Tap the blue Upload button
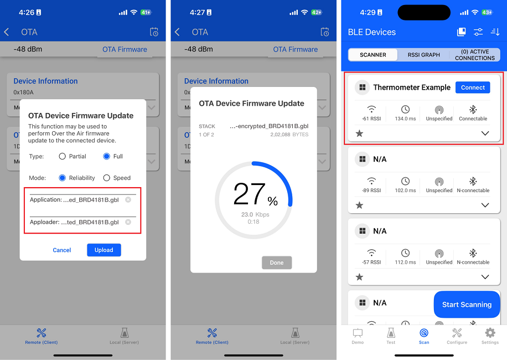[104, 250]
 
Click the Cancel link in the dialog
[62, 250]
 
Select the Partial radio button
[63, 156]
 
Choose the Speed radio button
[107, 178]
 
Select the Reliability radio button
[63, 178]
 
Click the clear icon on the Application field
[128, 199]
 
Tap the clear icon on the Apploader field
[128, 222]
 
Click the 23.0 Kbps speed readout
[255, 214]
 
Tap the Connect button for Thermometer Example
[473, 88]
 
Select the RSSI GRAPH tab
[423, 55]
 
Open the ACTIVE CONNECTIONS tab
[475, 55]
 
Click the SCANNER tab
[373, 55]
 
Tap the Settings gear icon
[490, 336]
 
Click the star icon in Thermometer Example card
[359, 133]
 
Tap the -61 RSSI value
[371, 119]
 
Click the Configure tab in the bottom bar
[457, 336]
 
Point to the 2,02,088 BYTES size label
[289, 135]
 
